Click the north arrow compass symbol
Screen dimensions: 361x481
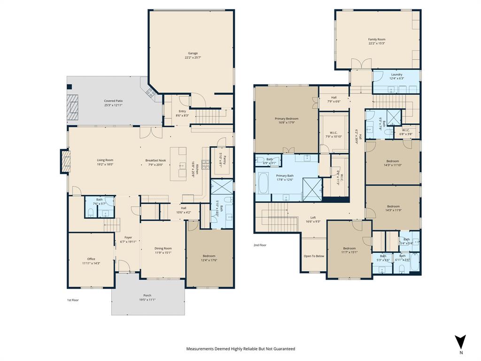click(x=461, y=342)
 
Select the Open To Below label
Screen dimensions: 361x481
click(x=314, y=256)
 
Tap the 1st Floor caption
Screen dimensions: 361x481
click(x=72, y=299)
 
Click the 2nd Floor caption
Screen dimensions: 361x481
click(x=260, y=245)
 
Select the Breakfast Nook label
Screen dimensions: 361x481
click(x=155, y=160)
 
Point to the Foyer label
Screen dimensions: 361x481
click(x=128, y=237)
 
